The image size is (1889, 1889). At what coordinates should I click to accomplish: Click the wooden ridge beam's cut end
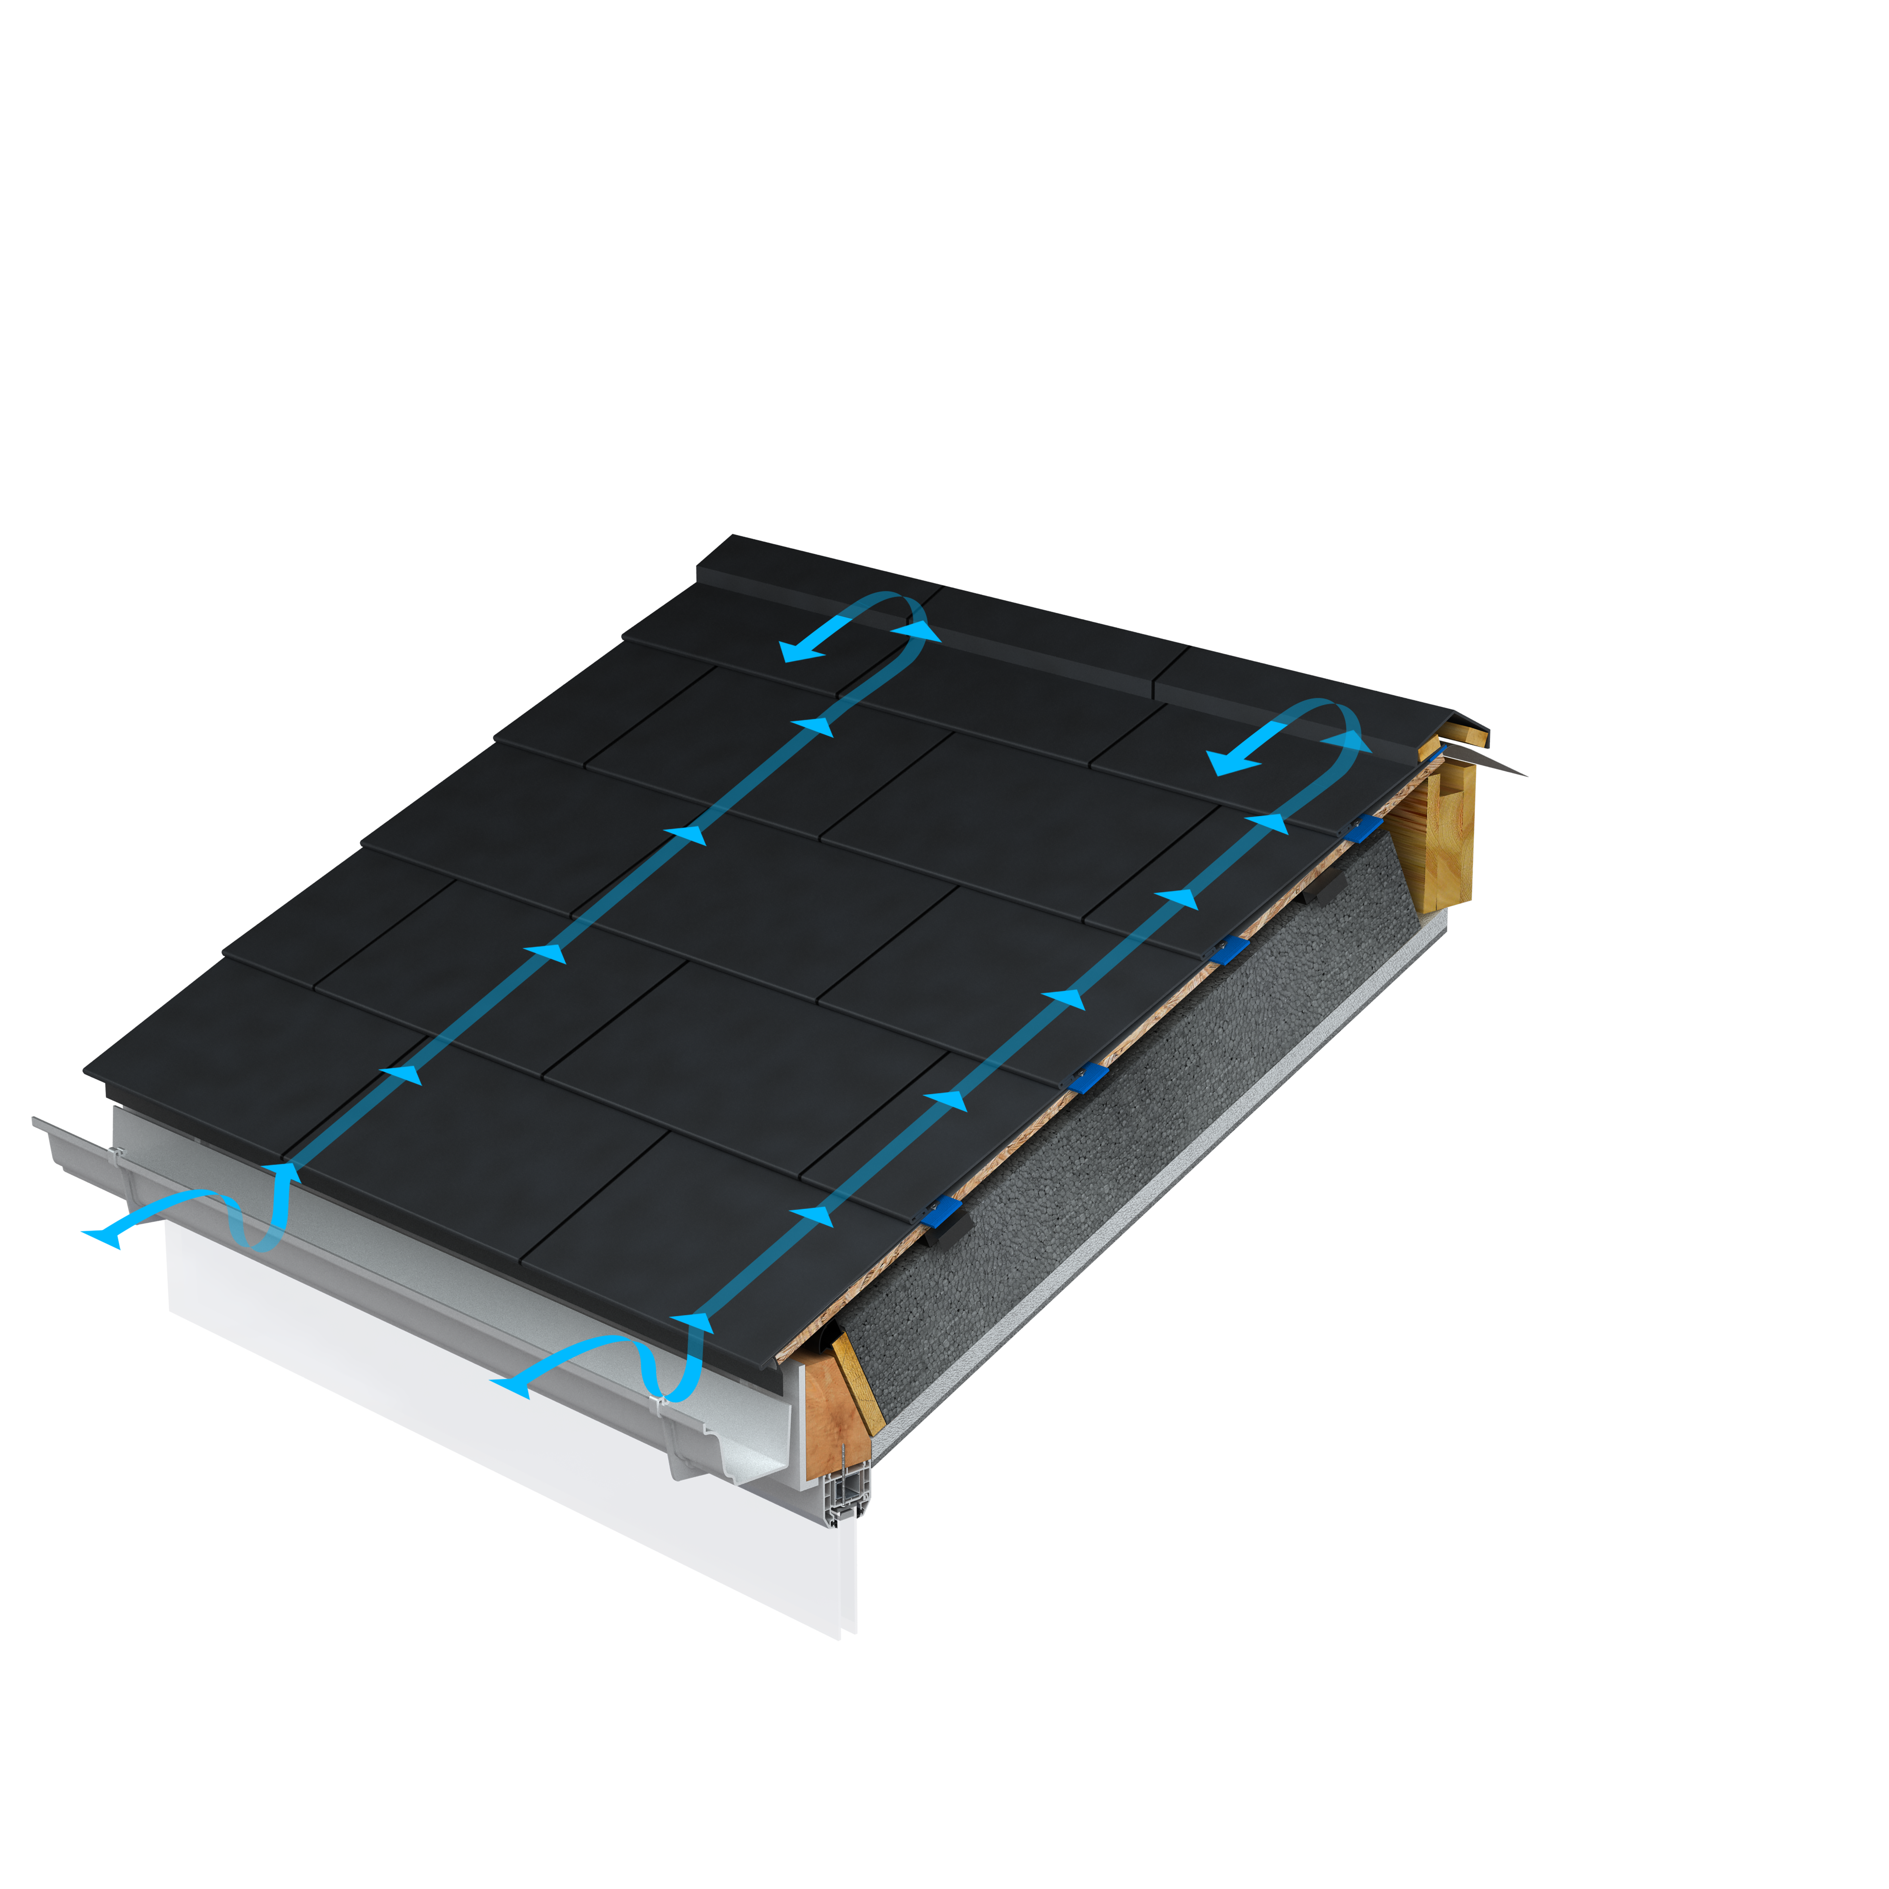tap(1449, 831)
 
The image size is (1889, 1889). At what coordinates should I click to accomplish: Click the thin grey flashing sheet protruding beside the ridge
tap(1501, 763)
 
